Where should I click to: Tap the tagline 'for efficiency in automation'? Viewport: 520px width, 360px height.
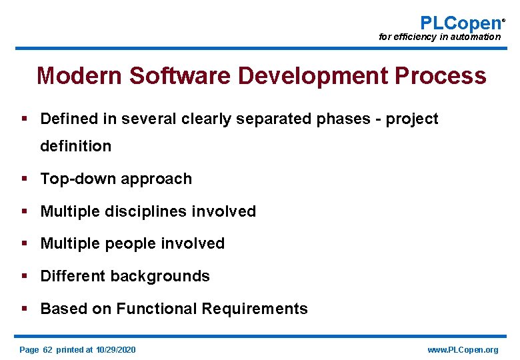point(439,37)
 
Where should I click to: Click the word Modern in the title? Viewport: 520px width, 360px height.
point(79,76)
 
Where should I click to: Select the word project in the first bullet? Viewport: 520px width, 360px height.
point(413,119)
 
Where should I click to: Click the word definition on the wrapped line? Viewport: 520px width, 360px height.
point(75,146)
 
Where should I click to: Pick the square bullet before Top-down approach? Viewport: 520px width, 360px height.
point(24,179)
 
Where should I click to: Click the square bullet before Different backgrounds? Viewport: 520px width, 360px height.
point(24,276)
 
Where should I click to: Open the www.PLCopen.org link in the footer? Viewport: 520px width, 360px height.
point(462,350)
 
